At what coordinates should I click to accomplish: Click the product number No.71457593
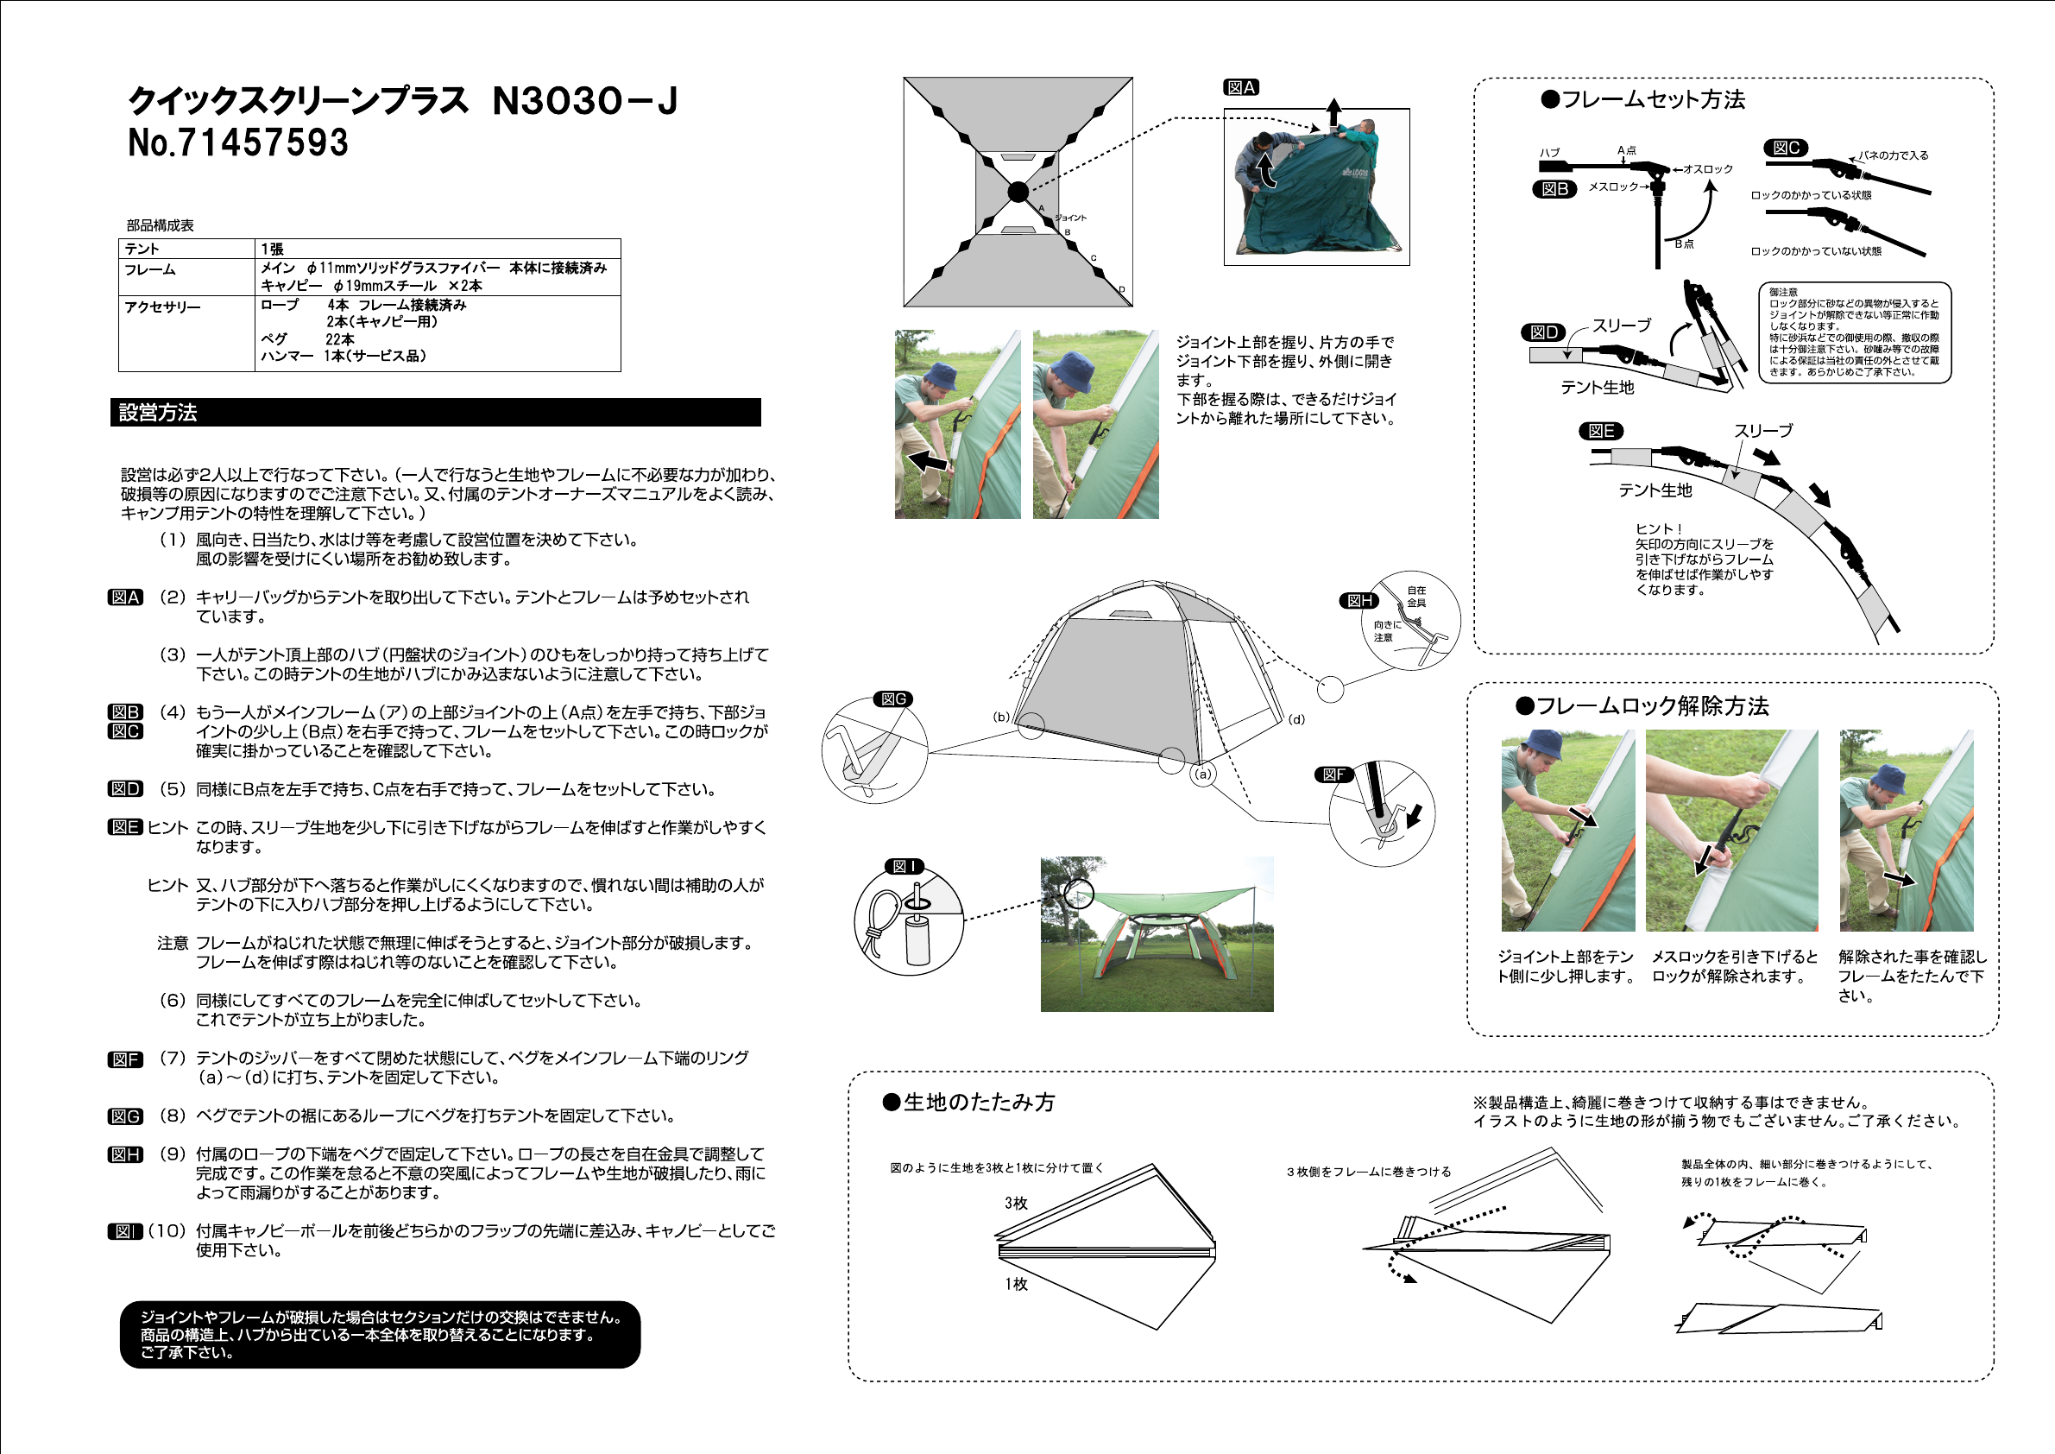click(x=238, y=143)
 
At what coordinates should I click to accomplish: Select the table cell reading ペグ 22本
click(x=308, y=339)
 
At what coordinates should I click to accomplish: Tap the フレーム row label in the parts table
click(x=150, y=269)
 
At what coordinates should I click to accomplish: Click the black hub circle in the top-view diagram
click(x=1018, y=192)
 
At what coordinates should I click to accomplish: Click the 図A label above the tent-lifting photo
click(x=1241, y=88)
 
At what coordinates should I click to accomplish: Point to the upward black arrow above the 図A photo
click(x=1333, y=111)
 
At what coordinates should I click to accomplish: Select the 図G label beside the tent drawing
click(x=893, y=699)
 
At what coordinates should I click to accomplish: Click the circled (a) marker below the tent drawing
click(x=1203, y=774)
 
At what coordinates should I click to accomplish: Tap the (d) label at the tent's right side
click(x=1296, y=719)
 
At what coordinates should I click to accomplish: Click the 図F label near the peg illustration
click(x=1333, y=775)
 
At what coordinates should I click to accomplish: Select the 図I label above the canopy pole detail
click(x=904, y=867)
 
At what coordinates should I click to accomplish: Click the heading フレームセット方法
click(x=1643, y=100)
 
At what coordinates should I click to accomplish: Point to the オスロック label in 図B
click(x=1707, y=169)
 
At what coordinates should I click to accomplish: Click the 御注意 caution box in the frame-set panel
click(x=1855, y=332)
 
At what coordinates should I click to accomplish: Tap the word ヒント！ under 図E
click(x=1659, y=529)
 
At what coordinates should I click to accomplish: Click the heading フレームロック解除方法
click(x=1642, y=706)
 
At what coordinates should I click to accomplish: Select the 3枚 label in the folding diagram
click(x=1016, y=1204)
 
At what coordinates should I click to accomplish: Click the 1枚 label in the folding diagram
click(x=1016, y=1284)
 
